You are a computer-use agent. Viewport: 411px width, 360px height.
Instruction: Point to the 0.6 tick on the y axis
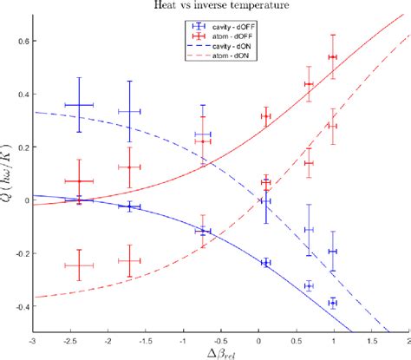23,41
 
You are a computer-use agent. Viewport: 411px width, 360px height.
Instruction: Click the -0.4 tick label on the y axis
21,306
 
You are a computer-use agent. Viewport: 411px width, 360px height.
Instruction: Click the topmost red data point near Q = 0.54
333,57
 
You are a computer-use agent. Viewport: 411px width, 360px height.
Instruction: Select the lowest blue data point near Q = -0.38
333,303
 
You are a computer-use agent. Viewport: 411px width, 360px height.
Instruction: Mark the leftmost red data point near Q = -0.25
79,266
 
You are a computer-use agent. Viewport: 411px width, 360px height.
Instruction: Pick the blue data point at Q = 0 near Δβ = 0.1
265,200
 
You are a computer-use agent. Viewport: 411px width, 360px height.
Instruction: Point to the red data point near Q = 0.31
265,116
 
